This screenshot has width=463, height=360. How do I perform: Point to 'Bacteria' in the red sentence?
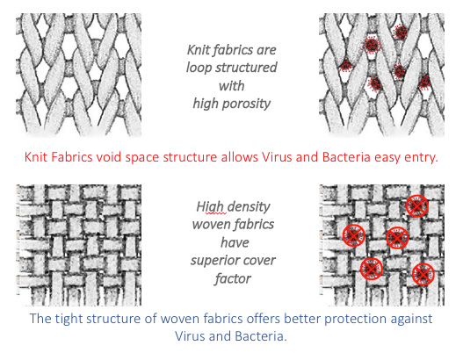[346, 157]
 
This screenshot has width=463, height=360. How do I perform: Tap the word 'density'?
[248, 206]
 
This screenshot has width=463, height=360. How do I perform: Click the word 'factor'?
[233, 278]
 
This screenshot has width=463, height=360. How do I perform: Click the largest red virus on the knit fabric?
[371, 45]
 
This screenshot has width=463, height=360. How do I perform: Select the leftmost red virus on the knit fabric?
[345, 66]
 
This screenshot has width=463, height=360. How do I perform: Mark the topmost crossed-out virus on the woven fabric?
[417, 206]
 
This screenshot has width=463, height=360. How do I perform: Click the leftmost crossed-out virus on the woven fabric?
[353, 235]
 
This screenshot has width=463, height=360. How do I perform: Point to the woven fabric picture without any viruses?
[78, 245]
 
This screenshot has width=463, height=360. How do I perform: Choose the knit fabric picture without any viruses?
[78, 75]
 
